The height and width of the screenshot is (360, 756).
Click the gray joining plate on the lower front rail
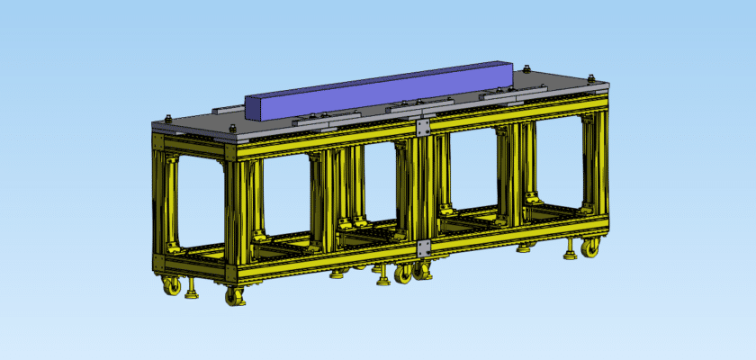click(x=422, y=246)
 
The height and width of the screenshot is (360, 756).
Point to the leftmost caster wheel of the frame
click(x=171, y=285)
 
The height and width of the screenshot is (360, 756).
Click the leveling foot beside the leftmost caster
click(x=191, y=292)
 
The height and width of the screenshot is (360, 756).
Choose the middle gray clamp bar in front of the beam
click(x=418, y=105)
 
